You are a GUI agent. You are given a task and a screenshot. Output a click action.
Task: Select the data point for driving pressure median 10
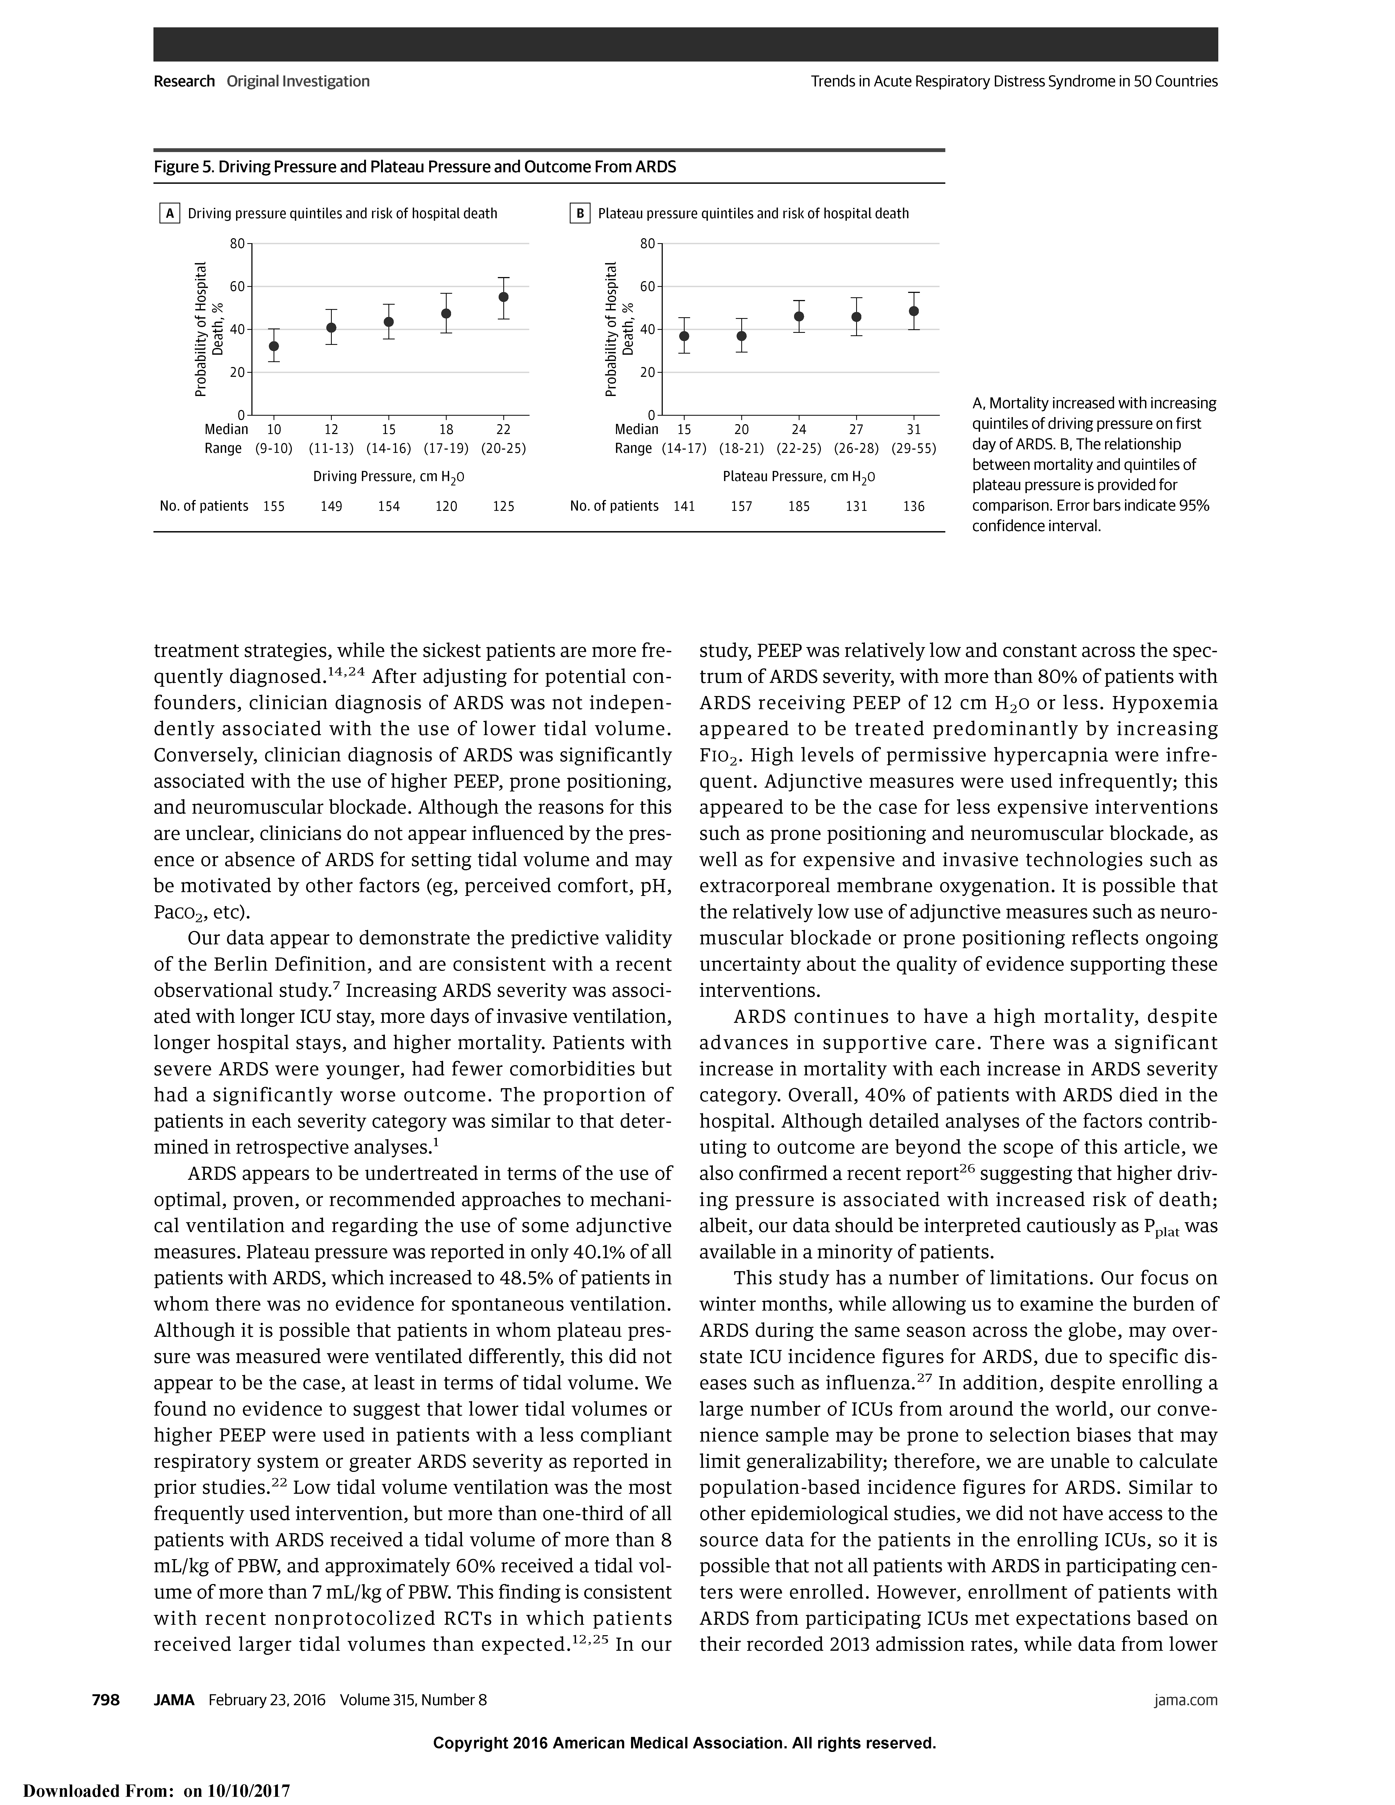click(x=274, y=346)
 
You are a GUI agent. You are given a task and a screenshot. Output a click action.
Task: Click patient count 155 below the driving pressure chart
click(x=274, y=506)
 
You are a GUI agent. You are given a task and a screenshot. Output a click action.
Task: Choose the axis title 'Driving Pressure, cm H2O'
click(x=388, y=477)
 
